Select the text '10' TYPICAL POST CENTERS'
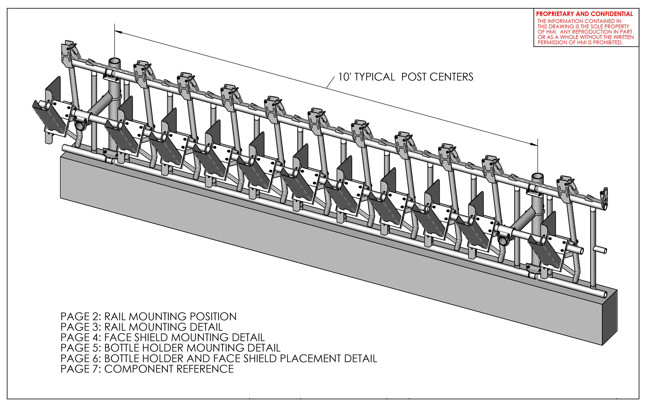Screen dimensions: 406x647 [x=405, y=77]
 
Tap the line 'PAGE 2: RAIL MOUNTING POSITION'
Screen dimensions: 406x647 [x=148, y=317]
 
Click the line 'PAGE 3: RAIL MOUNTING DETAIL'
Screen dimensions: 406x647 [x=142, y=327]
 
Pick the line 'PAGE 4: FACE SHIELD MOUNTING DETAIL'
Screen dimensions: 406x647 [x=162, y=337]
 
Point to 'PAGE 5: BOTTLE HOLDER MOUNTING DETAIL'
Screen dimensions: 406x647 [x=170, y=348]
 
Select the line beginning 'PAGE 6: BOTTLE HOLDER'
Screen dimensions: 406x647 [x=219, y=359]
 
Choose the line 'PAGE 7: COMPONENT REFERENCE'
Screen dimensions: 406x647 [x=147, y=369]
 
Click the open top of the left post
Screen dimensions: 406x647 [x=114, y=61]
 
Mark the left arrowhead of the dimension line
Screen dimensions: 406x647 [x=118, y=32]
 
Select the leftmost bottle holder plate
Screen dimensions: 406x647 [x=50, y=118]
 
